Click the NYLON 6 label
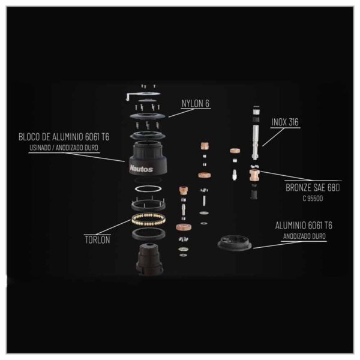pyautogui.click(x=196, y=103)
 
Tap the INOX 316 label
pyautogui.click(x=285, y=122)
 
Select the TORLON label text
pyautogui.click(x=97, y=240)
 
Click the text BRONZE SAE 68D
pyautogui.click(x=313, y=188)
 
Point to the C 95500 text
pyautogui.click(x=313, y=199)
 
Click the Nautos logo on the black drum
pyautogui.click(x=141, y=169)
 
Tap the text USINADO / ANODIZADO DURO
pyautogui.click(x=64, y=148)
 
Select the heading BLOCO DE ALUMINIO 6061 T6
pyautogui.click(x=64, y=137)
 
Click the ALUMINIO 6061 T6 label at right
pyautogui.click(x=304, y=226)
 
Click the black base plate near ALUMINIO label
pyautogui.click(x=235, y=244)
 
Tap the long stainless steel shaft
pyautogui.click(x=256, y=142)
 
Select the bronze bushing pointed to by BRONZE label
pyautogui.click(x=254, y=175)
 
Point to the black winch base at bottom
pyautogui.click(x=149, y=259)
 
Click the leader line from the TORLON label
pyautogui.click(x=113, y=227)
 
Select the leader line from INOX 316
pyautogui.click(x=273, y=137)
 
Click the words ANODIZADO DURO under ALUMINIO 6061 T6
pyautogui.click(x=304, y=236)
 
